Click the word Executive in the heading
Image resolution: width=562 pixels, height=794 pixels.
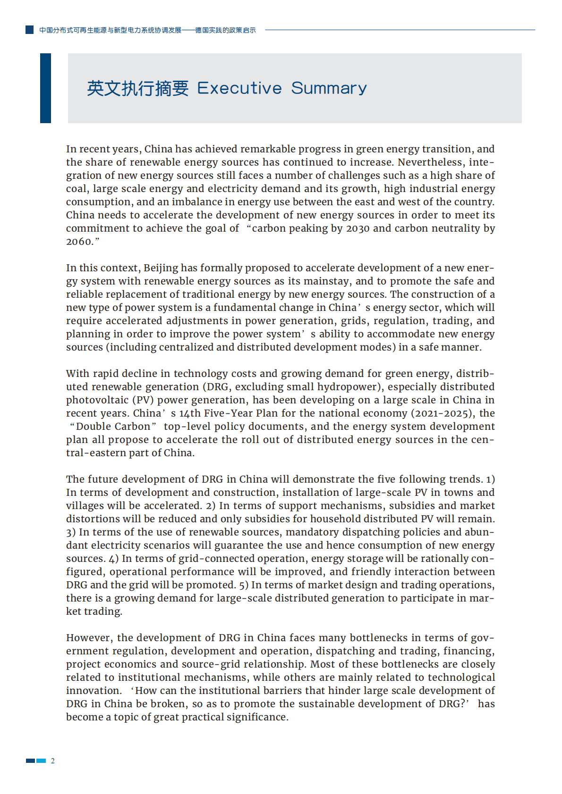[239, 88]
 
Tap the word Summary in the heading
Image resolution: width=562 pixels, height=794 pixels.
[329, 88]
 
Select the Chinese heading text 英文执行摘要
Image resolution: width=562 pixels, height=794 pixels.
[137, 88]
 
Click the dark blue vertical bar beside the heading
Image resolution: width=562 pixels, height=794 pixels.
[45, 88]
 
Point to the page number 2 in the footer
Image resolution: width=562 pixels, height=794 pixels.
[53, 761]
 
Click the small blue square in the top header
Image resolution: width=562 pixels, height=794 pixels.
[29, 30]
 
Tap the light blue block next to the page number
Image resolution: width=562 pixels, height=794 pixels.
[42, 761]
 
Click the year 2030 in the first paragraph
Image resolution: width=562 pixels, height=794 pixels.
[358, 228]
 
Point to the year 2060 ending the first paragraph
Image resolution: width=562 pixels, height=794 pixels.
[78, 242]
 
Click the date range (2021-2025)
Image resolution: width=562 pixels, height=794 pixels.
[443, 413]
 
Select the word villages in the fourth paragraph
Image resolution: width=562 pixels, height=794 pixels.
[85, 506]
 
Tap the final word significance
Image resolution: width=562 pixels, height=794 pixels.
[258, 717]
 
